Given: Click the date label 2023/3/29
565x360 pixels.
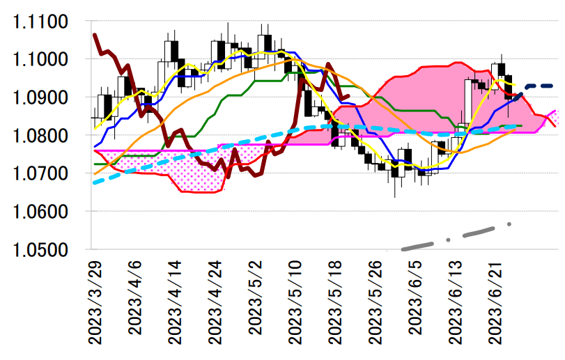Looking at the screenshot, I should pos(94,303).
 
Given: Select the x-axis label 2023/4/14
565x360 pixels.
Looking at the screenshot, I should pos(175,303).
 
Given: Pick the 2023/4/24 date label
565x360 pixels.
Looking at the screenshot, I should pos(215,303).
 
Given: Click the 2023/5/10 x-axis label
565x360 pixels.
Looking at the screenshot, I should pos(296,303).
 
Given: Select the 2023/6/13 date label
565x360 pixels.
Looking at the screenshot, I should pos(457,303).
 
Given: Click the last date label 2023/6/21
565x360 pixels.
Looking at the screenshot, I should pos(497,303).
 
